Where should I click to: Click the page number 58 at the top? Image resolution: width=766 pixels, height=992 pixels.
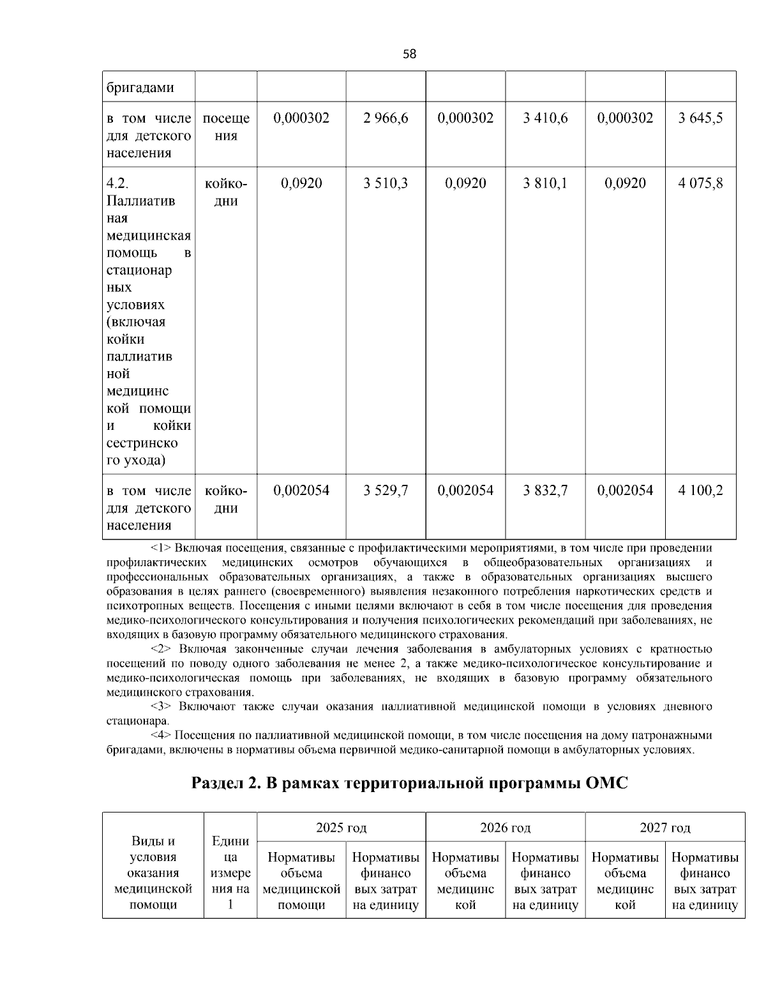click(x=409, y=54)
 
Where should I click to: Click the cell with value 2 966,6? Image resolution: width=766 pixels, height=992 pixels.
click(x=386, y=118)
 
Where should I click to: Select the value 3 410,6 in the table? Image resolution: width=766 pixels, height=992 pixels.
click(x=545, y=118)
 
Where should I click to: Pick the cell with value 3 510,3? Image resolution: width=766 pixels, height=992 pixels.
click(x=386, y=184)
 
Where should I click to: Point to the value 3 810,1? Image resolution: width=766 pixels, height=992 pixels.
click(x=545, y=184)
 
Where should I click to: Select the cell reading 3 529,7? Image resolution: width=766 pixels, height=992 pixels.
click(x=386, y=491)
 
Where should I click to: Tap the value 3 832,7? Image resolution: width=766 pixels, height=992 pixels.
click(x=545, y=491)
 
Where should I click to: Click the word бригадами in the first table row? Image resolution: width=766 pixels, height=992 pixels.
click(x=140, y=88)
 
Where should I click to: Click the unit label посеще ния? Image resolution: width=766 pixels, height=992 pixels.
click(x=226, y=127)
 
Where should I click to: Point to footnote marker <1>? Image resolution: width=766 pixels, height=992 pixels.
click(x=161, y=548)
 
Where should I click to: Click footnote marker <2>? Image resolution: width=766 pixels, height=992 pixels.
click(x=161, y=650)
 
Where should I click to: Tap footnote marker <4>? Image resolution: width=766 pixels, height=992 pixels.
click(x=161, y=735)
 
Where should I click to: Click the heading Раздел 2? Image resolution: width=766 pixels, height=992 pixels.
click(x=226, y=783)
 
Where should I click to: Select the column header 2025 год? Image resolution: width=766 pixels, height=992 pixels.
click(x=341, y=828)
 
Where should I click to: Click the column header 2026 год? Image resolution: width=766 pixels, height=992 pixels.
click(x=505, y=828)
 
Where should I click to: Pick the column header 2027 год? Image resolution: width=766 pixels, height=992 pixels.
click(x=665, y=828)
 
